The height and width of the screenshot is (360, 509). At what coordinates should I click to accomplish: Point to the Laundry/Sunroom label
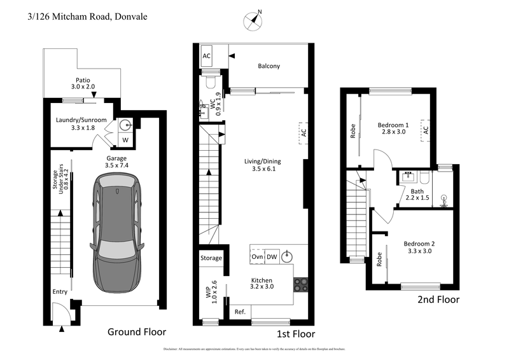[x=81, y=123]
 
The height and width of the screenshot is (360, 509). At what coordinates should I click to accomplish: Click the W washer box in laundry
[x=125, y=140]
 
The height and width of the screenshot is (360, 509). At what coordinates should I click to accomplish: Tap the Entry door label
[x=60, y=292]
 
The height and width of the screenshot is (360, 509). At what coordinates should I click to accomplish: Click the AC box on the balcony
[x=207, y=56]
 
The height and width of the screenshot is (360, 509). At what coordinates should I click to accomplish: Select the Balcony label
[x=268, y=66]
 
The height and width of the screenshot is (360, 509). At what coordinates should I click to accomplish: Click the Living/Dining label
[x=262, y=165]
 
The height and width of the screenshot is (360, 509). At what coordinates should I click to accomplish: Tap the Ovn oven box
[x=257, y=257]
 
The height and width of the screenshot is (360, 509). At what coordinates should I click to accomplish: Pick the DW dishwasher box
[x=272, y=257]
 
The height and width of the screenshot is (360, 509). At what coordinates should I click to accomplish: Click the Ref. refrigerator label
[x=240, y=312]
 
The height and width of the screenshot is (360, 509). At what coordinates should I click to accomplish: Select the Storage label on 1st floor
[x=211, y=258]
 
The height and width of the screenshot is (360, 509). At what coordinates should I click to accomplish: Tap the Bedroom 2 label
[x=418, y=247]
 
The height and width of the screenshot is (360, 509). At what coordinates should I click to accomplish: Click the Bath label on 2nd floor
[x=417, y=193]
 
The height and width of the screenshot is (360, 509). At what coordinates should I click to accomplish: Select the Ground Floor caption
[x=137, y=331]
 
